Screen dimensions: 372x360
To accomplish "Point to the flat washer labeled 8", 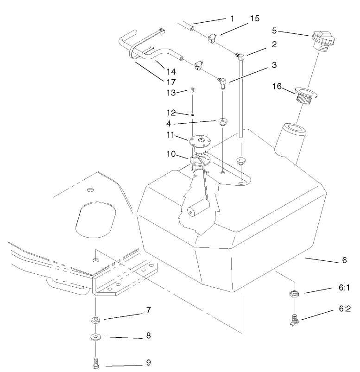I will pos(95,336).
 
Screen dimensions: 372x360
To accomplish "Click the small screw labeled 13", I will pos(191,91).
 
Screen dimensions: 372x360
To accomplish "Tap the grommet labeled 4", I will pos(223,122).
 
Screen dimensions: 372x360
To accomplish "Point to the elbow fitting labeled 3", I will pos(222,83).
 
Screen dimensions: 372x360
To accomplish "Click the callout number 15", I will pos(254,19).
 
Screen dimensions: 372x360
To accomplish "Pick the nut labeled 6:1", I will pos(293,293).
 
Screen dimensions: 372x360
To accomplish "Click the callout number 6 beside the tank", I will pos(344,260).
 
